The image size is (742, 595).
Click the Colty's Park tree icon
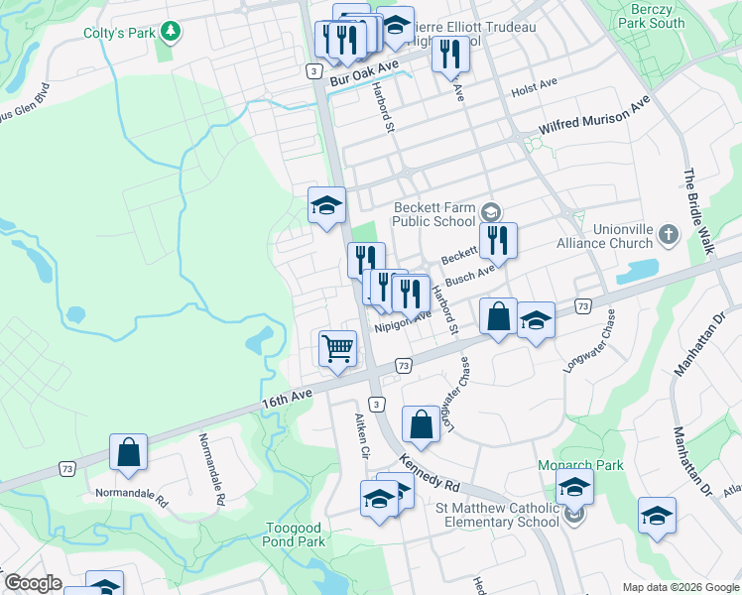(x=173, y=33)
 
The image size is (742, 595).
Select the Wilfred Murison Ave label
(x=594, y=115)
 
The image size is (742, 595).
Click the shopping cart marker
(x=337, y=348)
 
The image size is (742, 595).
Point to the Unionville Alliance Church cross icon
(x=668, y=235)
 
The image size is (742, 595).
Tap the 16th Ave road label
(x=288, y=398)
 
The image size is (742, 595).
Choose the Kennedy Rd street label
(x=431, y=474)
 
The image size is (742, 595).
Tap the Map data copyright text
(x=680, y=587)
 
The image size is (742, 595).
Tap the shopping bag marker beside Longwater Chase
(x=421, y=423)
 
